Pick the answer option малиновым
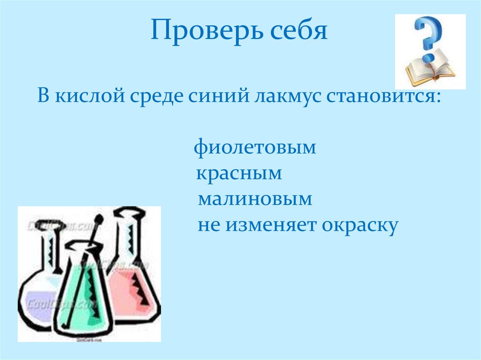255,199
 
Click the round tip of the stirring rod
99,219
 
